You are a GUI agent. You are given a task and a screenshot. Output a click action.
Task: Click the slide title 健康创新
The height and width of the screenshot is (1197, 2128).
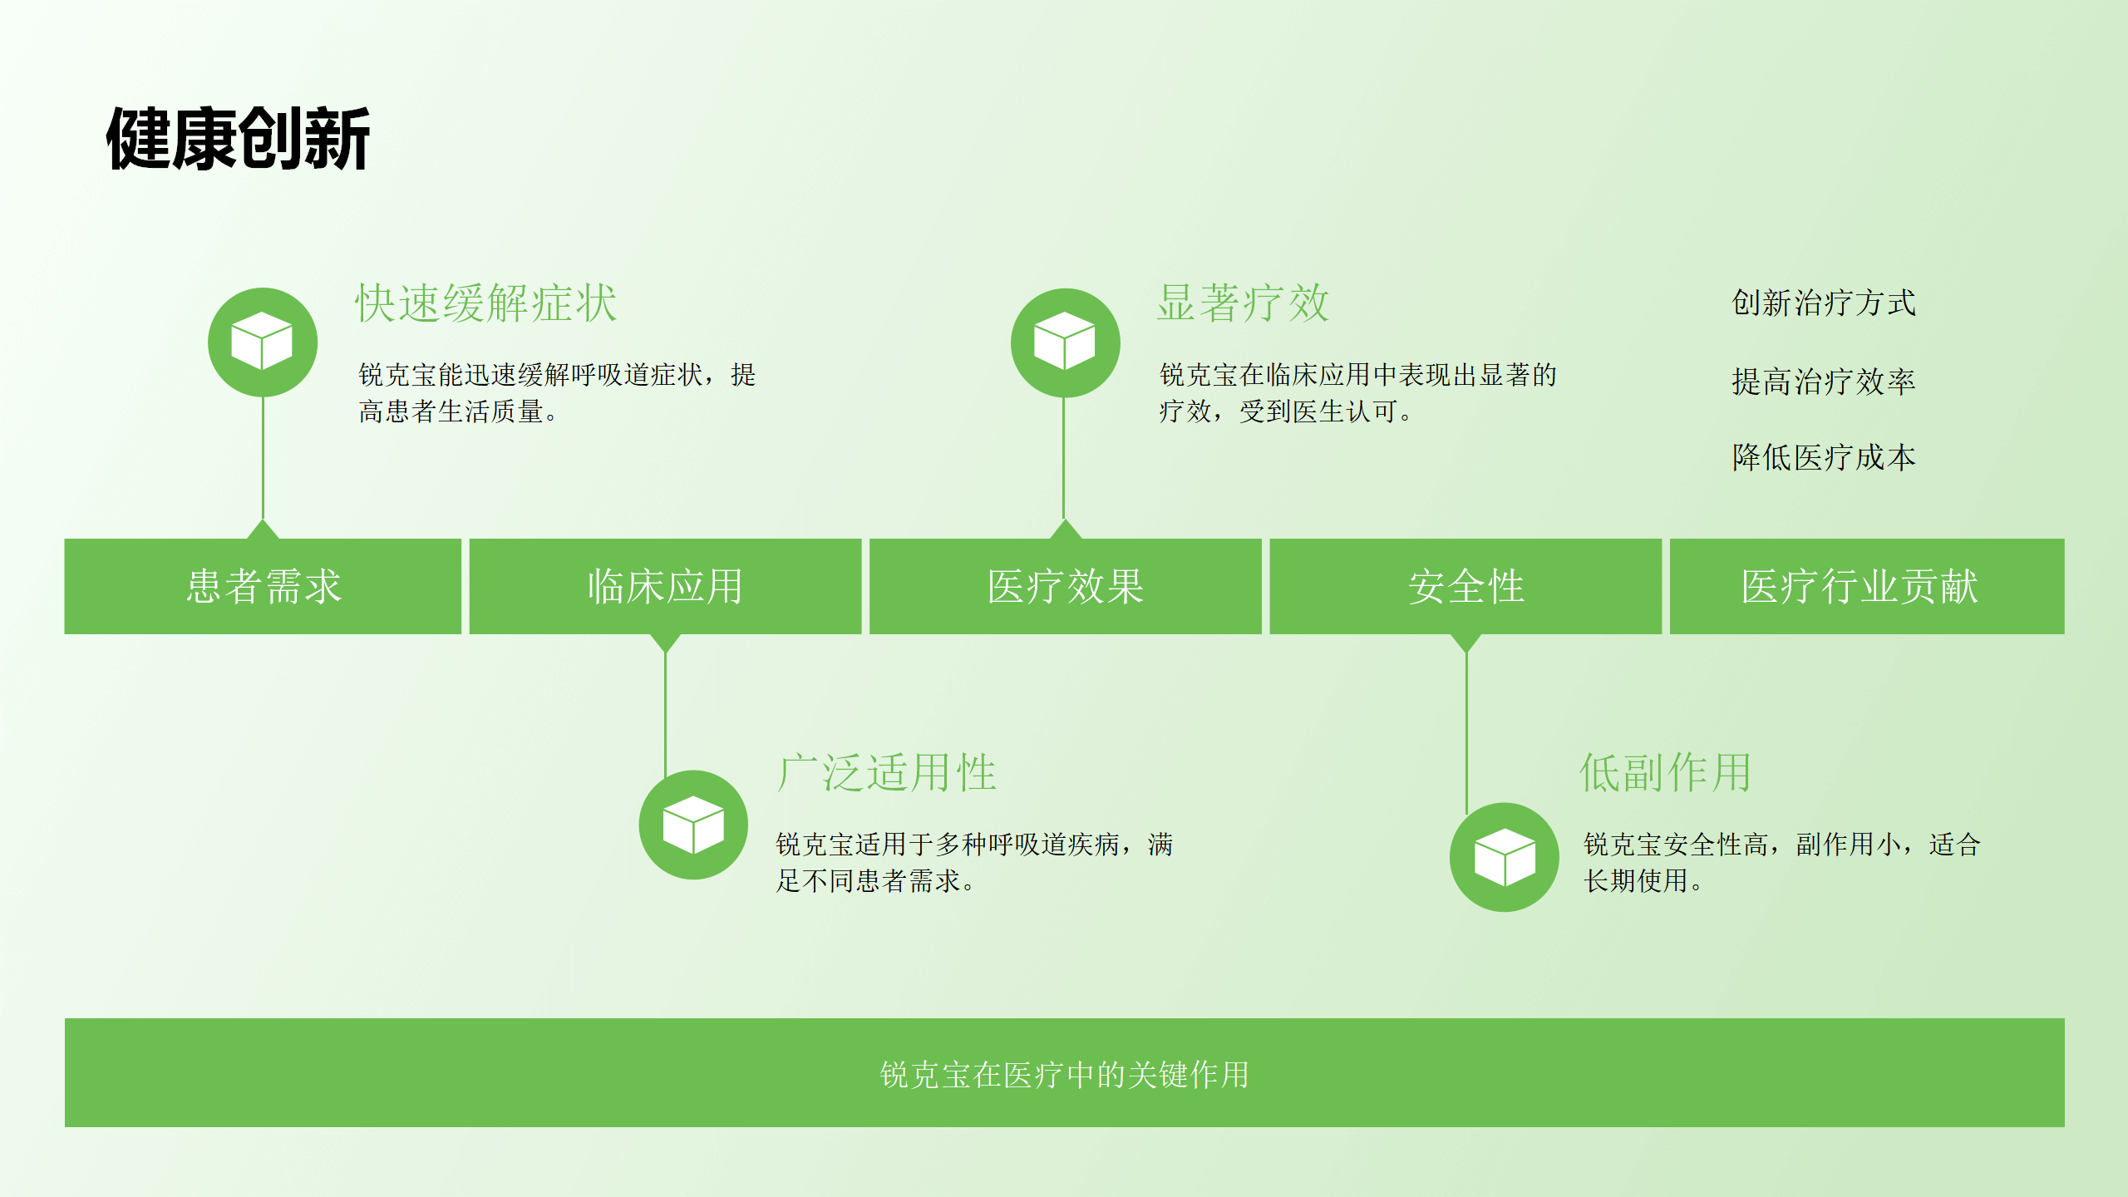[x=238, y=139]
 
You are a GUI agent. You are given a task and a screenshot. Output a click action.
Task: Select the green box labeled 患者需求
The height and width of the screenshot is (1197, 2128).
[x=263, y=586]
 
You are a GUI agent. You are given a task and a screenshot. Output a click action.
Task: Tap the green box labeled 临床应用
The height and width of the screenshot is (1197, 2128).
[x=665, y=586]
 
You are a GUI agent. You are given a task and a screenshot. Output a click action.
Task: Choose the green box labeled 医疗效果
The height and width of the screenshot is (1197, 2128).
[x=1066, y=586]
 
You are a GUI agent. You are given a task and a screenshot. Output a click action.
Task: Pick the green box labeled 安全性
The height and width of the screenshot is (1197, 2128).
[x=1465, y=586]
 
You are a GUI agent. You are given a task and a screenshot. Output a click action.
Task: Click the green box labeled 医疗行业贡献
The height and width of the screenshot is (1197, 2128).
[x=1867, y=586]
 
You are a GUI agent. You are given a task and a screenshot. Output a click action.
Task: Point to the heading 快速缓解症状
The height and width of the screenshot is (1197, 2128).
[x=486, y=303]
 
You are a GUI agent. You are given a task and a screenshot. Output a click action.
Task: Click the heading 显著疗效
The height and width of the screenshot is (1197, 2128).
[x=1244, y=303]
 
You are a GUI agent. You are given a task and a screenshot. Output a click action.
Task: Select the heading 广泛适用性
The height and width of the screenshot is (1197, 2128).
[x=887, y=772]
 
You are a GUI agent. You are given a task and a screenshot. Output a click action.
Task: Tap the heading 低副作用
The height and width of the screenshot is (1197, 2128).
[x=1665, y=772]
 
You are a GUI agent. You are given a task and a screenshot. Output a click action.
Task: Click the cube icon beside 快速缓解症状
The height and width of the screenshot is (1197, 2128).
[x=263, y=342]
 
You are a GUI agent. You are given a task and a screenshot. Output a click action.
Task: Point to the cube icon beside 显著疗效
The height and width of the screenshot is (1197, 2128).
[x=1066, y=342]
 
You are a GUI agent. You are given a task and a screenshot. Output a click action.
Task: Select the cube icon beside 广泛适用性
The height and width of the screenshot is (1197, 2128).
[x=693, y=825]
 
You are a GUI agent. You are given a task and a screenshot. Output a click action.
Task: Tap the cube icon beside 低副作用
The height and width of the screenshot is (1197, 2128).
[x=1505, y=857]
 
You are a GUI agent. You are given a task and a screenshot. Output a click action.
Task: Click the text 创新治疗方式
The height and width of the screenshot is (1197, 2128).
[x=1824, y=303]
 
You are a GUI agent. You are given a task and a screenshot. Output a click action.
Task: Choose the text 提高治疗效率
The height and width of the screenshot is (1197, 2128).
[x=1824, y=382]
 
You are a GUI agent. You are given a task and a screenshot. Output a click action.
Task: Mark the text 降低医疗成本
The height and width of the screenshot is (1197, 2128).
[x=1824, y=457]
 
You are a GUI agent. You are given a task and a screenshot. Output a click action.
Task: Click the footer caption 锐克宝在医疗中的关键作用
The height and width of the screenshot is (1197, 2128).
[x=1065, y=1074]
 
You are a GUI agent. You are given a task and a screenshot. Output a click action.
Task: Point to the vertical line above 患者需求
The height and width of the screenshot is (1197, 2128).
[x=263, y=458]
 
